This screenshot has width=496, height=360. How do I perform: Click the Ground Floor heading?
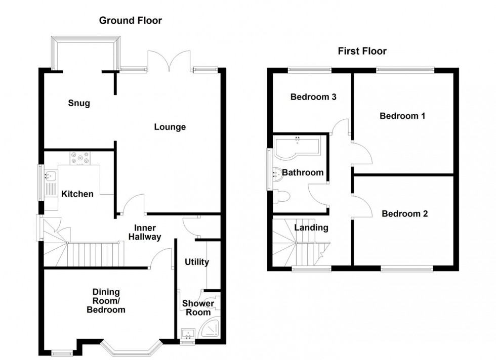(131, 20)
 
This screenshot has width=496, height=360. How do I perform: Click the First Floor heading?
(362, 51)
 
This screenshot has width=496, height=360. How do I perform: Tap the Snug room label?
(79, 103)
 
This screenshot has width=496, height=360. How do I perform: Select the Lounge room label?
(170, 127)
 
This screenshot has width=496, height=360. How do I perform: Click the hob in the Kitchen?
(79, 159)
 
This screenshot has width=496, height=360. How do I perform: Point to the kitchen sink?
(51, 177)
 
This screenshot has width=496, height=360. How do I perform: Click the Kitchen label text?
(77, 194)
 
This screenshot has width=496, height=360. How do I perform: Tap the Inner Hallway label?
(145, 232)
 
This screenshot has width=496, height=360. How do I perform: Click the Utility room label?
(196, 262)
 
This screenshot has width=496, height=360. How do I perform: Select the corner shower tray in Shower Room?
(210, 329)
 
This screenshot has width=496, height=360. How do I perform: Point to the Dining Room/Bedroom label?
(106, 300)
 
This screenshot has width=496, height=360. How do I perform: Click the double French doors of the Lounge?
(170, 60)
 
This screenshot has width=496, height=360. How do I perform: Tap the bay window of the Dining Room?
(131, 348)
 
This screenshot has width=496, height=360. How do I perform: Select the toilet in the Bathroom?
(281, 196)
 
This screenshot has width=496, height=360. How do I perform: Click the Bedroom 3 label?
(313, 97)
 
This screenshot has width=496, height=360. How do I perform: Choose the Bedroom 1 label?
(402, 116)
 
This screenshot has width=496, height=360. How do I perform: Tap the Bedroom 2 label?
(404, 213)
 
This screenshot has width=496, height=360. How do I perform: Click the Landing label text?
(311, 228)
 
